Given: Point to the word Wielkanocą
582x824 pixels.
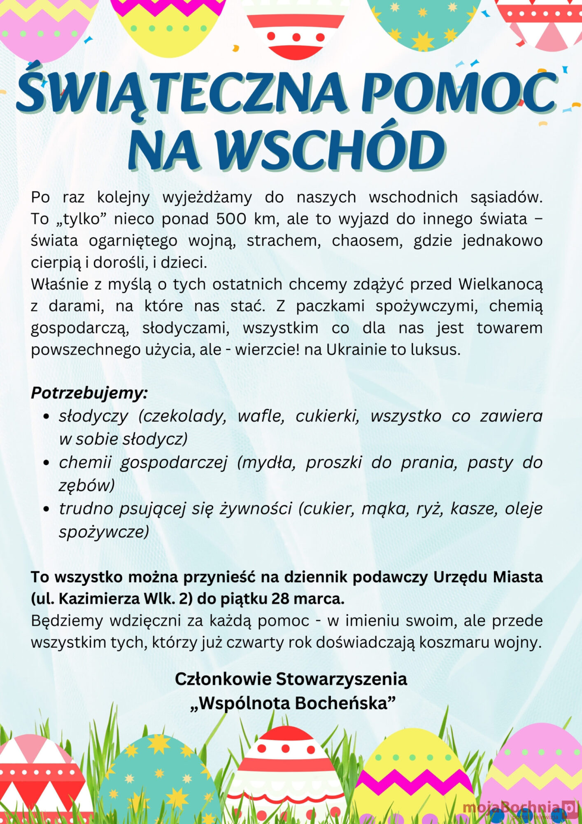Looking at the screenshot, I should click(x=501, y=284).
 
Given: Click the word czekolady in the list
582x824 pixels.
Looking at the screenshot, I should click(x=183, y=417).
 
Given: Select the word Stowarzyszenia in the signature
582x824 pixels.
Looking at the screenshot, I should click(x=341, y=679).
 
